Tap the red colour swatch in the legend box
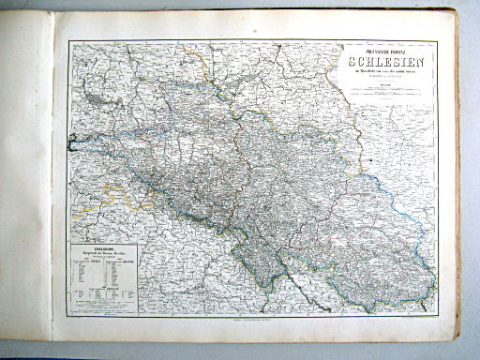[x=82, y=271]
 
